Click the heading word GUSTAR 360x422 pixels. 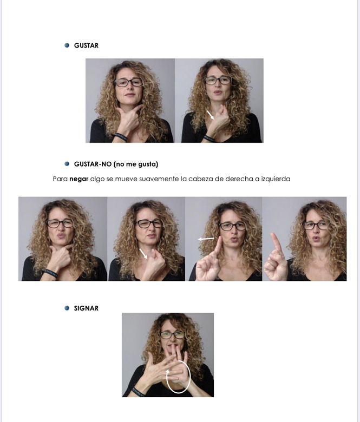(86, 45)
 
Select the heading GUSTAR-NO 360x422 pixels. (93, 164)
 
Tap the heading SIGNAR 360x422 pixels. (86, 308)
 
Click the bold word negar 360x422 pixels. (79, 179)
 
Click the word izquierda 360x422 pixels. (276, 179)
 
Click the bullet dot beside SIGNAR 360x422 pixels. (67, 308)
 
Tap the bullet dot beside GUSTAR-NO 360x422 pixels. (67, 163)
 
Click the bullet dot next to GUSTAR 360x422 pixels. (67, 45)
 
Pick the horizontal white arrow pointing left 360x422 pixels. (206, 239)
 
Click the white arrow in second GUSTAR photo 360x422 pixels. (210, 115)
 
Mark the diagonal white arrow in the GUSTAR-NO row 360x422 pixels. (143, 254)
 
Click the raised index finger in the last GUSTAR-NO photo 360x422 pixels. (276, 243)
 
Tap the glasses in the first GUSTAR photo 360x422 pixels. (129, 82)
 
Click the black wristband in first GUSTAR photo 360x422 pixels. (121, 136)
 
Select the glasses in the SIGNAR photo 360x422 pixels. (172, 335)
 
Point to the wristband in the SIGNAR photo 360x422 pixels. (139, 392)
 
